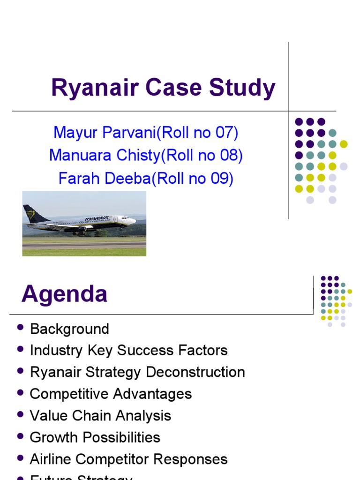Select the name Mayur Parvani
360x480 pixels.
click(105, 133)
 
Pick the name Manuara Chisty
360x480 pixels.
click(105, 156)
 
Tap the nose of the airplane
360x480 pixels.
click(135, 220)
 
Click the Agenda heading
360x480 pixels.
click(65, 294)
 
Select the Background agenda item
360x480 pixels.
click(69, 329)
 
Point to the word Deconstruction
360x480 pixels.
click(195, 372)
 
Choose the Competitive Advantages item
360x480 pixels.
click(111, 394)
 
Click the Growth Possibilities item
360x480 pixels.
click(95, 437)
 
